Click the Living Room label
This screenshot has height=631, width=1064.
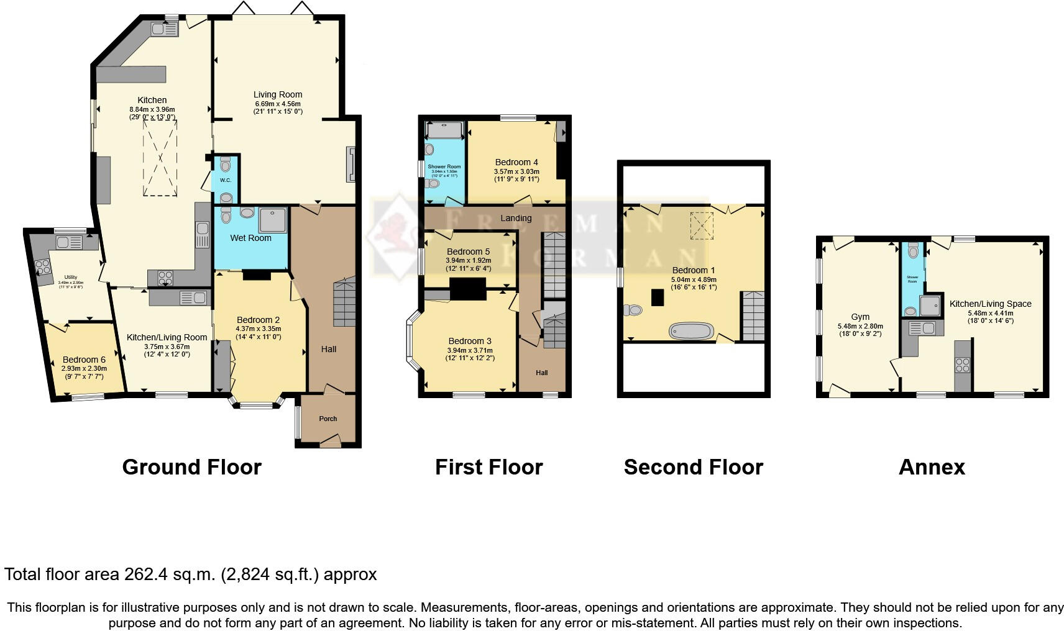coord(277,95)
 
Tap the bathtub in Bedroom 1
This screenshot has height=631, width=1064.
coord(692,330)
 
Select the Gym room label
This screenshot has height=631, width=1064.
coord(860,317)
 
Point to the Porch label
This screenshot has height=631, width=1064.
coord(328,419)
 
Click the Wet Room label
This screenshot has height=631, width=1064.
coord(250,238)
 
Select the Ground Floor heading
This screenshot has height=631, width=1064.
coord(191,467)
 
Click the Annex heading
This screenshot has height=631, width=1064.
coord(931,467)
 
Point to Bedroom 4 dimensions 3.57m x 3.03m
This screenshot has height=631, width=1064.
coord(516,172)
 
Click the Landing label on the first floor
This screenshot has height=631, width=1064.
coord(516,218)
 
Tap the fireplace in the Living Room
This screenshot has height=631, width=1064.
coord(351,165)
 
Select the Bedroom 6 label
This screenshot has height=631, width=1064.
coord(84,360)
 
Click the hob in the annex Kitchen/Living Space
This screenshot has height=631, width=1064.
coord(963,365)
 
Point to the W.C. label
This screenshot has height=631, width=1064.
coord(225,181)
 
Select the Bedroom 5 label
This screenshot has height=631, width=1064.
coord(468,252)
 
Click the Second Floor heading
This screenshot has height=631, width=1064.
coord(693,467)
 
